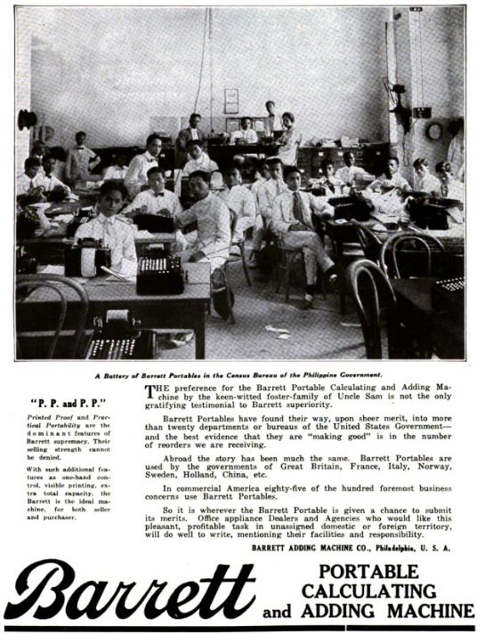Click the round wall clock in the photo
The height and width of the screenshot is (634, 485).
pyautogui.click(x=434, y=132)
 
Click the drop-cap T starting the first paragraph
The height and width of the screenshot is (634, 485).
pyautogui.click(x=150, y=390)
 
